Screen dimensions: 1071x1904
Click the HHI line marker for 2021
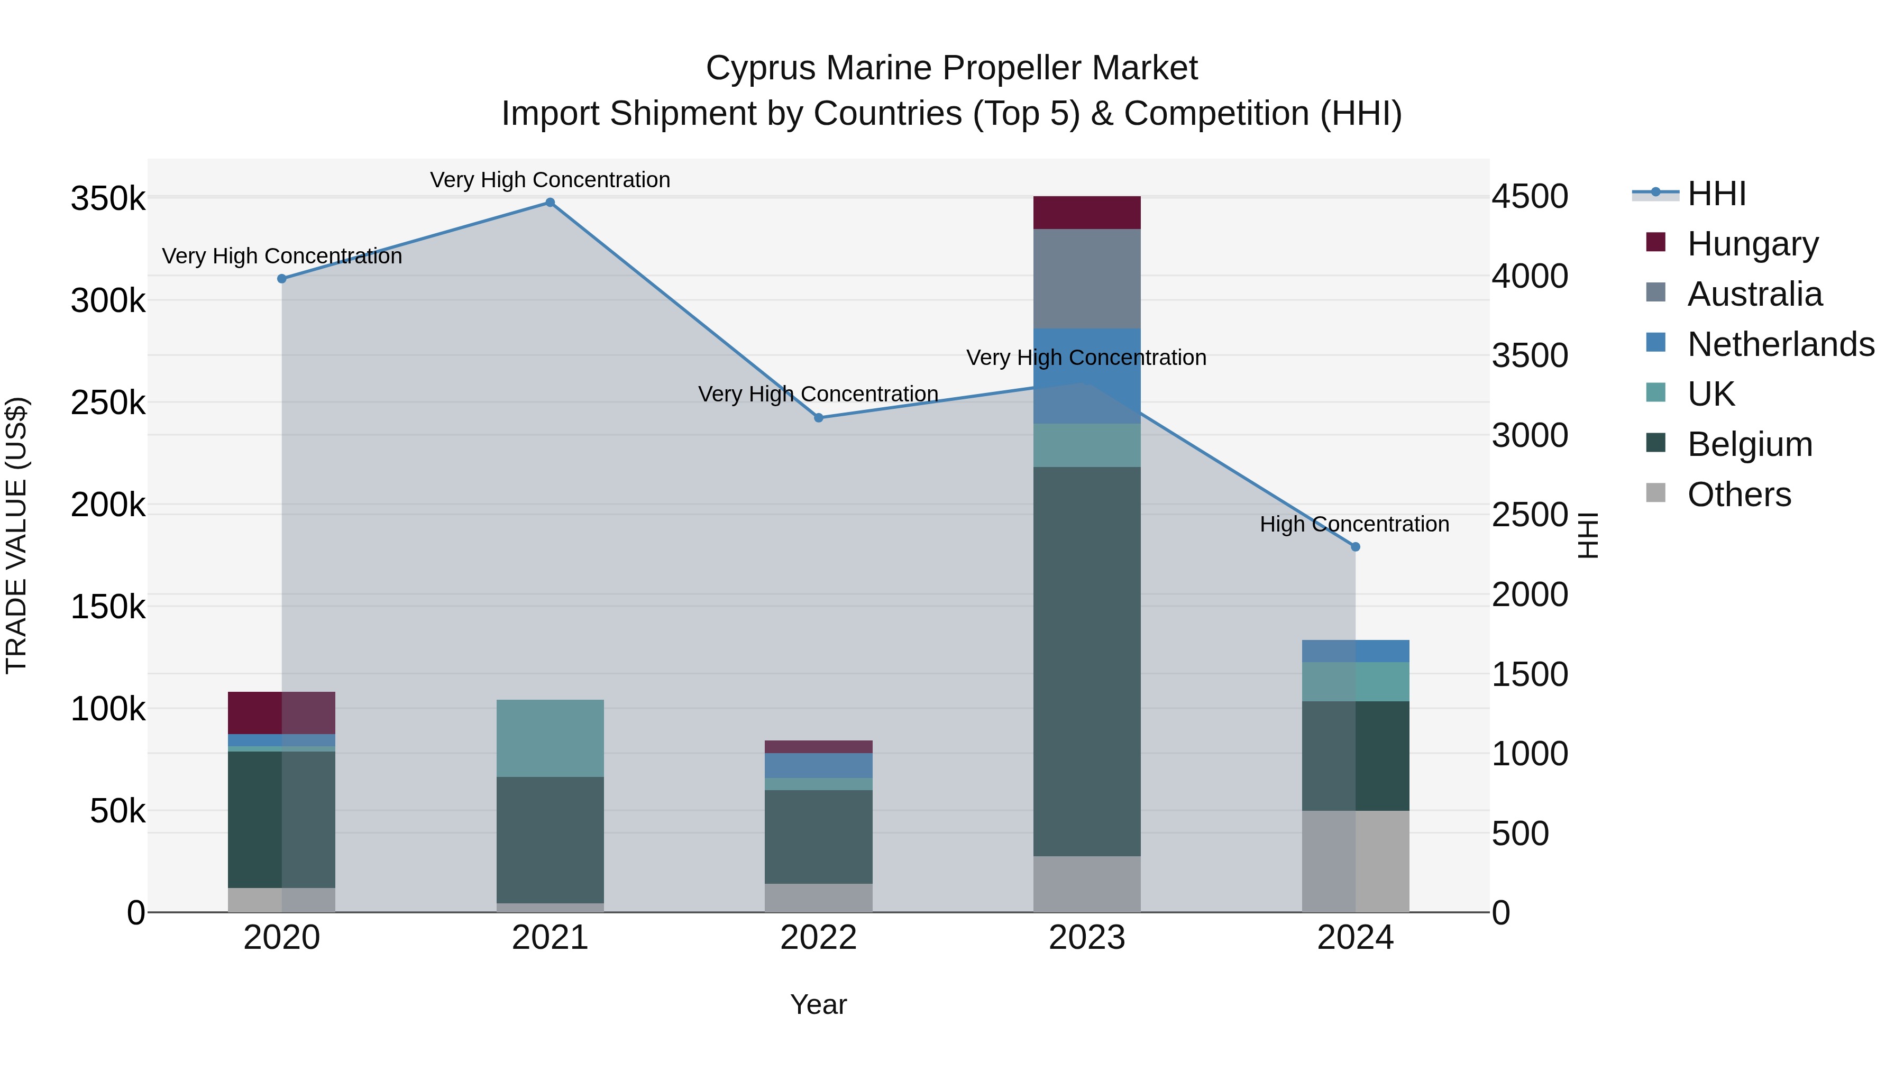click(550, 203)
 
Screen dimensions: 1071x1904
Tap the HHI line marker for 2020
click(281, 279)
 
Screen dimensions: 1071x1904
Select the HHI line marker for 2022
click(818, 418)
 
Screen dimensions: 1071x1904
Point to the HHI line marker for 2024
click(1355, 547)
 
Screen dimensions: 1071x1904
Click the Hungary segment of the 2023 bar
click(1086, 213)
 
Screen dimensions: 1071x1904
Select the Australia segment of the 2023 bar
click(1086, 279)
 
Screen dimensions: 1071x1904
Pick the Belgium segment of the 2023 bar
click(1086, 662)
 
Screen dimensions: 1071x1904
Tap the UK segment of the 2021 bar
click(550, 738)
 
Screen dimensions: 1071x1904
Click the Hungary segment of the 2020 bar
click(281, 712)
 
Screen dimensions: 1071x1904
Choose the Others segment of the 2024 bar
click(1355, 861)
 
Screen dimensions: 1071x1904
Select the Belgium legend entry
click(1749, 444)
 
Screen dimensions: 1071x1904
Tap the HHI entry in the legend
click(1716, 194)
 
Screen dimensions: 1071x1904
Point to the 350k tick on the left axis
click(108, 199)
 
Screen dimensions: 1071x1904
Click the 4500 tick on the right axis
click(1529, 197)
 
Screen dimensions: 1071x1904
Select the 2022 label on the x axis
click(818, 938)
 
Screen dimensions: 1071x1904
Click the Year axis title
click(818, 1004)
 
